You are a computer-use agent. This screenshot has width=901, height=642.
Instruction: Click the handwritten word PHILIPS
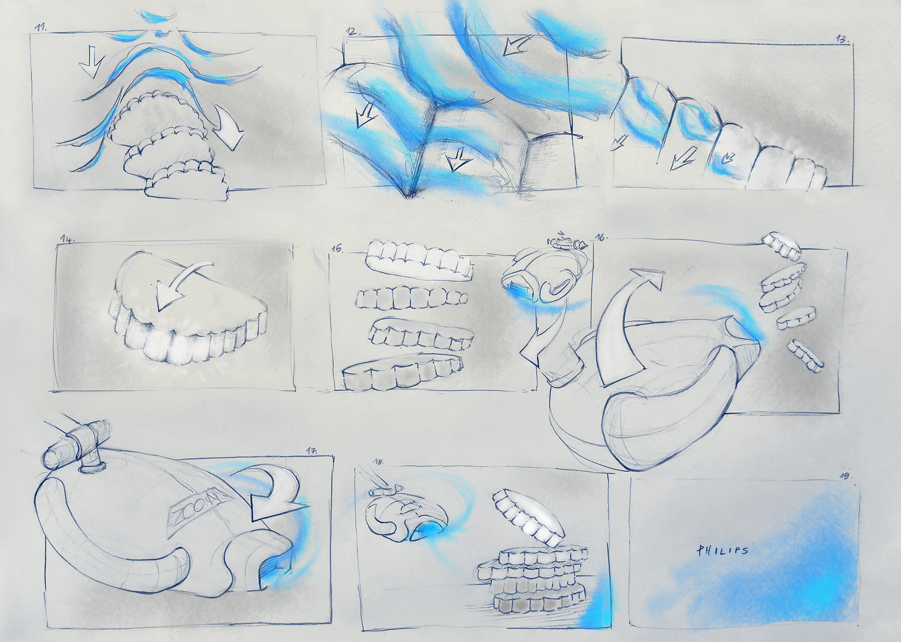tap(722, 550)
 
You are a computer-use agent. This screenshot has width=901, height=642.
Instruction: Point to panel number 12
tap(353, 32)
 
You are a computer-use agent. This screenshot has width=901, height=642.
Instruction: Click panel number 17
tap(312, 451)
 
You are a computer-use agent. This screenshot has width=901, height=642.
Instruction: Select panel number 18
tap(378, 462)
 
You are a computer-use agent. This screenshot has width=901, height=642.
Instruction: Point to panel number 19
tap(845, 476)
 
